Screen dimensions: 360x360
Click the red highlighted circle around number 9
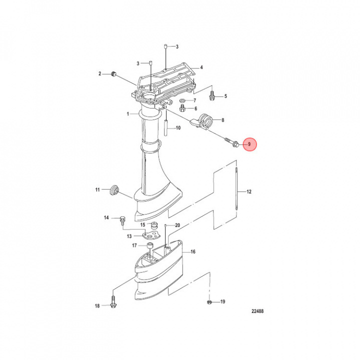(x=249, y=145)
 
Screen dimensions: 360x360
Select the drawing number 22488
(x=257, y=311)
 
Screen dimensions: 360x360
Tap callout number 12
(x=248, y=191)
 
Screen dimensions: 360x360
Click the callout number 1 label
(x=127, y=114)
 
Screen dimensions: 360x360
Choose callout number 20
(x=177, y=225)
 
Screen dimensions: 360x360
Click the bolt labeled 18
(x=111, y=304)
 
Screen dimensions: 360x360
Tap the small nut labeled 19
(x=210, y=302)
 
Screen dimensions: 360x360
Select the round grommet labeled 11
(x=114, y=189)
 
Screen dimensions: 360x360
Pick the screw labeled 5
(x=211, y=93)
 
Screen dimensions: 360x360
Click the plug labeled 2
(x=113, y=74)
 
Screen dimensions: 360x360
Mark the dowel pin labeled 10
(x=164, y=128)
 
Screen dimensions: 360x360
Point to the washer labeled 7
(x=182, y=100)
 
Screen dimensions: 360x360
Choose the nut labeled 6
(x=182, y=108)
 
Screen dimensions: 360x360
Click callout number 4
(x=201, y=67)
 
